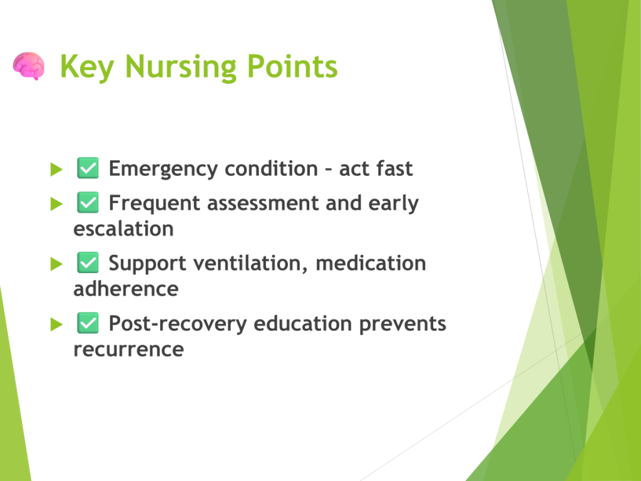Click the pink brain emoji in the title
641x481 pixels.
click(x=29, y=66)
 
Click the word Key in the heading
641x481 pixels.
click(x=87, y=67)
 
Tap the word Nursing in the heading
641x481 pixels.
click(x=181, y=67)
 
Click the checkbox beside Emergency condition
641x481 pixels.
click(x=88, y=168)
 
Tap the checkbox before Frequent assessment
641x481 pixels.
click(x=88, y=202)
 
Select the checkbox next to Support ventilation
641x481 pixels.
click(x=88, y=262)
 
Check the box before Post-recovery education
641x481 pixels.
click(x=88, y=323)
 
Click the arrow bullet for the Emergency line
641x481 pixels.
click(x=56, y=169)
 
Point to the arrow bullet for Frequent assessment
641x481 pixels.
click(x=56, y=204)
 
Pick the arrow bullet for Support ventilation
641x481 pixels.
click(x=56, y=264)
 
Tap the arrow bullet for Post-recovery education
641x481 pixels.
click(x=56, y=324)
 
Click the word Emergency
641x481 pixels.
click(x=163, y=169)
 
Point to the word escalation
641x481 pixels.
click(x=123, y=229)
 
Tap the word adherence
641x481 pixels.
click(x=126, y=289)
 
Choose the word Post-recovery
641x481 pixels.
click(x=178, y=324)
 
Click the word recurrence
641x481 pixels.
click(x=129, y=349)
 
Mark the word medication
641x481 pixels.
click(x=371, y=263)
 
